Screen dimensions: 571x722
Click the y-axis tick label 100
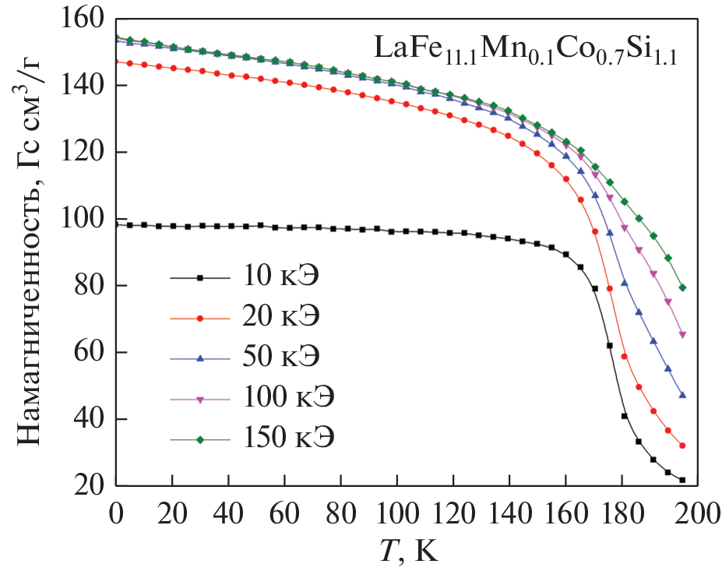[x=84, y=219]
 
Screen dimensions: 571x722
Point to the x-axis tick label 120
[x=453, y=514]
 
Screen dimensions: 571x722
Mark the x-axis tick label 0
[x=116, y=514]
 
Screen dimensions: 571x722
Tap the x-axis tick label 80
[x=341, y=514]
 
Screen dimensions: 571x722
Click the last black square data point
[x=682, y=480]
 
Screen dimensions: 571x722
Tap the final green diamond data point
[x=682, y=287]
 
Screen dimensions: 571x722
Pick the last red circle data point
[x=682, y=446]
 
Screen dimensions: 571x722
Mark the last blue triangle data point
[x=682, y=395]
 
